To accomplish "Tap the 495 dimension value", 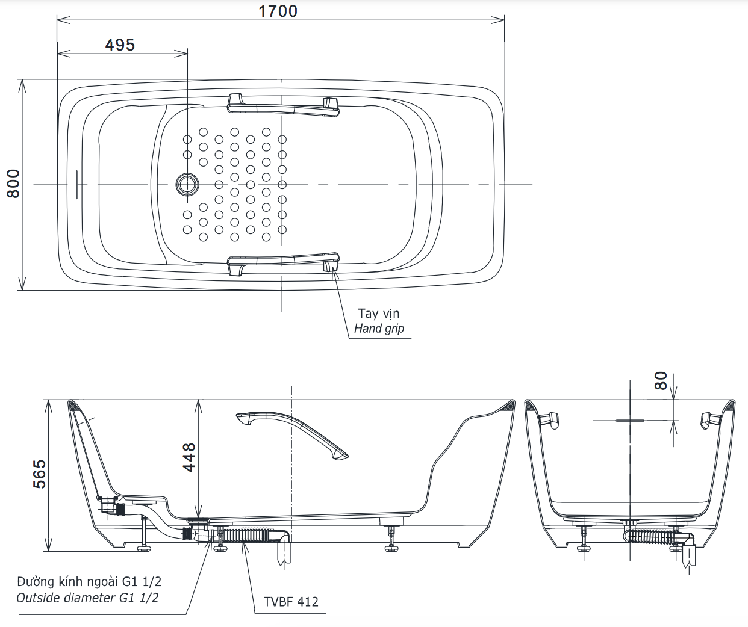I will coord(120,45).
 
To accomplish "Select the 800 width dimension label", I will coord(13,184).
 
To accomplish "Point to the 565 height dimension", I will coord(39,474).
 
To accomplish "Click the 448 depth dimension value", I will coord(189,457).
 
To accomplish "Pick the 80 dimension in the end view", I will coord(661,380).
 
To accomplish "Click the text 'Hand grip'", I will coord(379,329).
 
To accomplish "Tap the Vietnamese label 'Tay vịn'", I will coord(378,313).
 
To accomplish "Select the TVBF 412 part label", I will coord(291,601).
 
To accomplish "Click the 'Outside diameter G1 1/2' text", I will coord(88,598).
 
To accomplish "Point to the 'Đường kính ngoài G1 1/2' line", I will coord(89,582).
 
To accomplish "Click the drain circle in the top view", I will coord(187,184).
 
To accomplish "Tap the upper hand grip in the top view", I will coord(283,104).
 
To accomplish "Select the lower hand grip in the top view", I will coord(283,262).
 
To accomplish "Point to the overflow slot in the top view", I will coord(76,184).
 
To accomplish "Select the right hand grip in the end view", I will coord(710,419).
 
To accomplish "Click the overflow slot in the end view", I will coord(630,420).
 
